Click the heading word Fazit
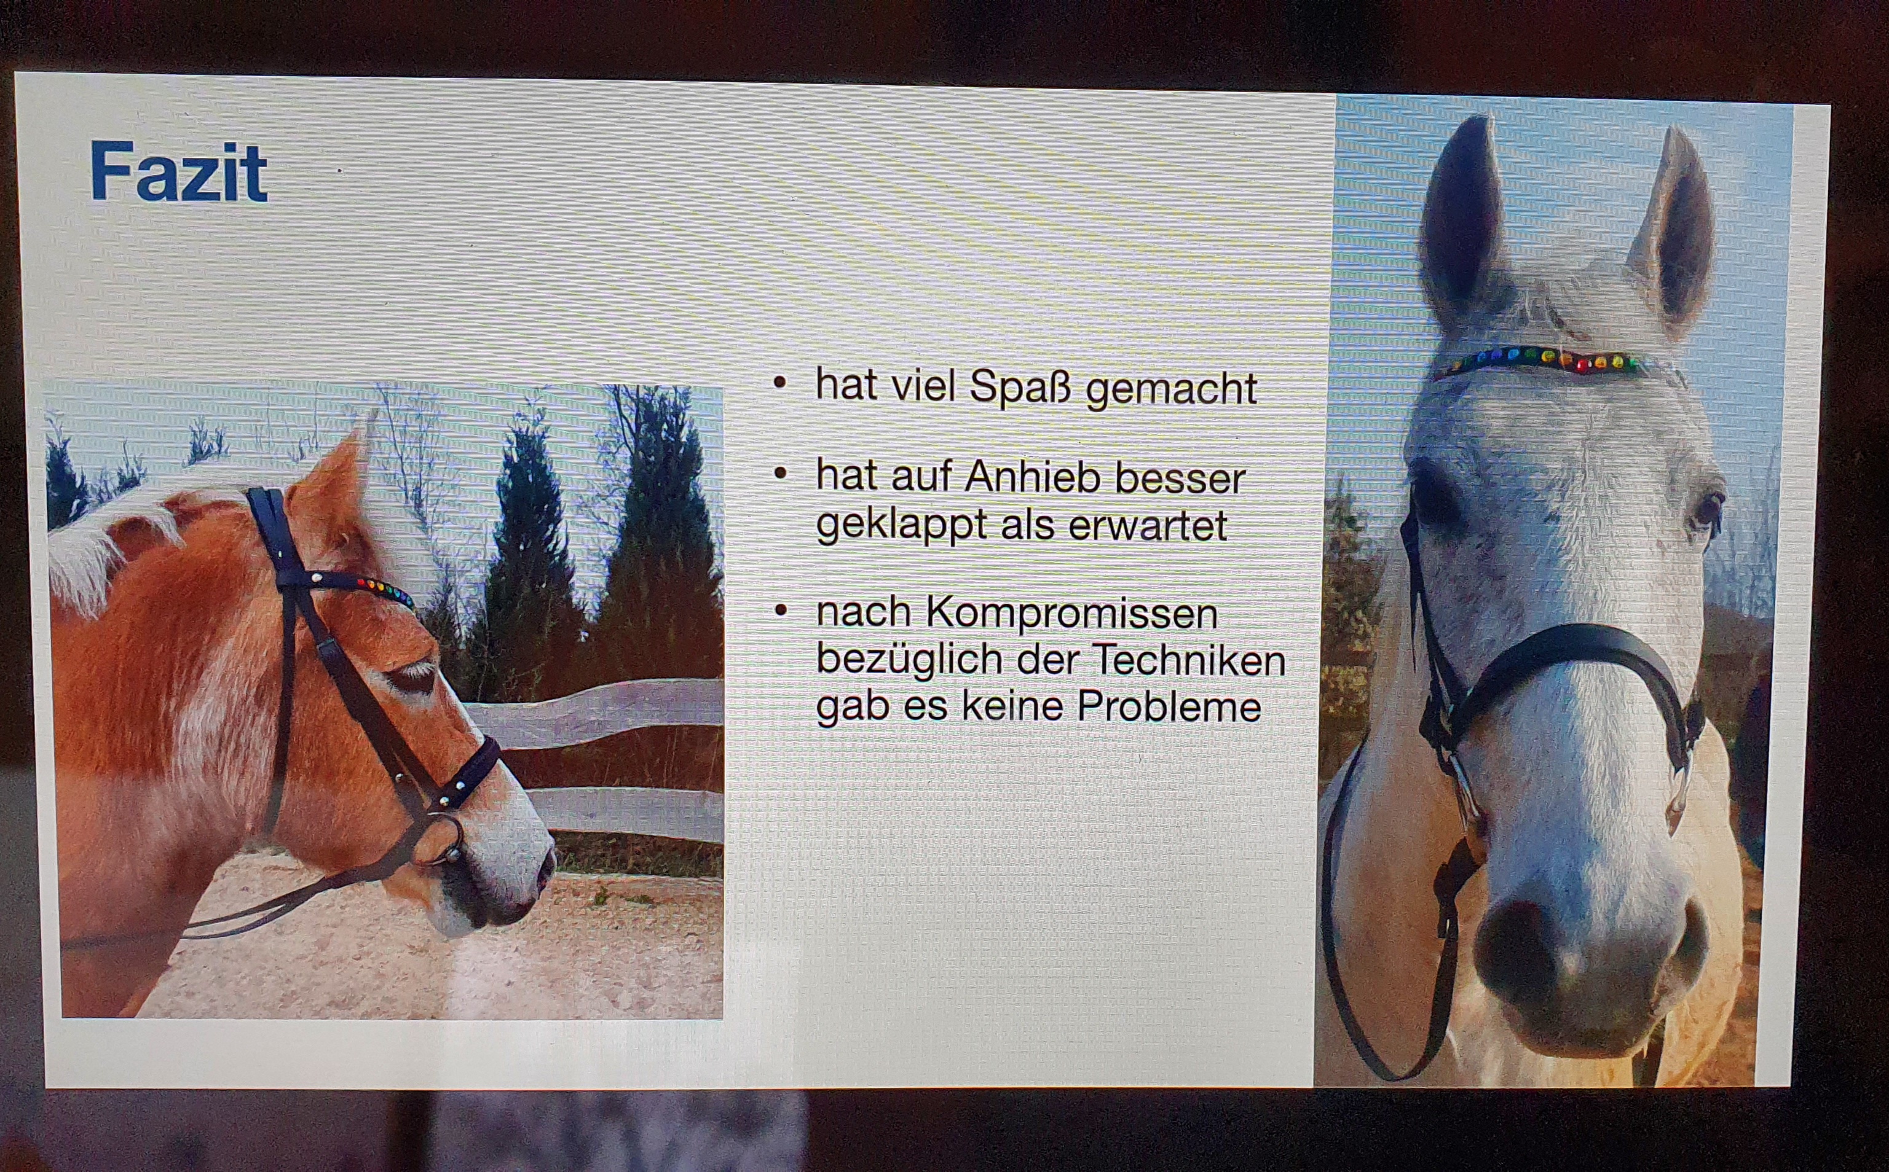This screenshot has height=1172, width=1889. (179, 172)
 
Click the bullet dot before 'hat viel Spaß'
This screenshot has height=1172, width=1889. (780, 383)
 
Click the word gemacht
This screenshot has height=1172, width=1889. (1172, 389)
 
